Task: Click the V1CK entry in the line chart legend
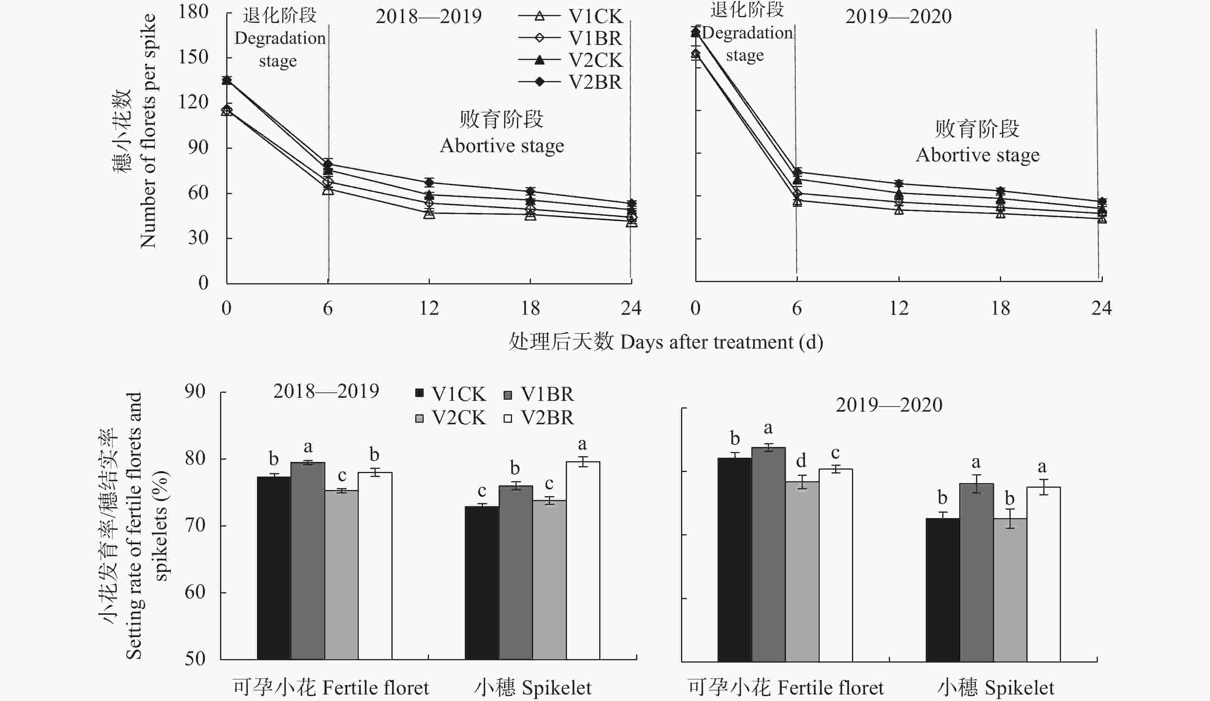click(570, 17)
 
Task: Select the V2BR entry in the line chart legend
click(570, 82)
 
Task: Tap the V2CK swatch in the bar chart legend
click(419, 419)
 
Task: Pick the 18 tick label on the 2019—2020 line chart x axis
click(1000, 308)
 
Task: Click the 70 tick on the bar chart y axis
click(195, 525)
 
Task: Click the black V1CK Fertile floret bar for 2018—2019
click(273, 568)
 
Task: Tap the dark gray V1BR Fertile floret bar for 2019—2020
click(768, 555)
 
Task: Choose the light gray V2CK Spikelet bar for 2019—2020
click(1010, 590)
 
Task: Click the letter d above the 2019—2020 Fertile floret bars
click(801, 461)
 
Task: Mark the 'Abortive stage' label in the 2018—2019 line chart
click(502, 146)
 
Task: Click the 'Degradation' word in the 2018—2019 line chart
click(280, 39)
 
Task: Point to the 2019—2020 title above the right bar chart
click(889, 405)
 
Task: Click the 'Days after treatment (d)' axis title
click(722, 342)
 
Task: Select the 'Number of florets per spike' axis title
click(148, 131)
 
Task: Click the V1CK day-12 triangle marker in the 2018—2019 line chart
click(429, 213)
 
